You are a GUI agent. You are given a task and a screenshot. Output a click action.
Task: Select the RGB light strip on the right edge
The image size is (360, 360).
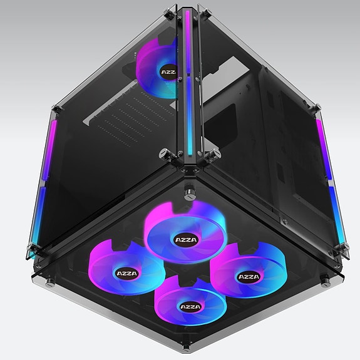pos(329,182)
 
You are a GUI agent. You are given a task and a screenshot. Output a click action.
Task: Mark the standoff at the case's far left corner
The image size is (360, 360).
pos(29,254)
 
